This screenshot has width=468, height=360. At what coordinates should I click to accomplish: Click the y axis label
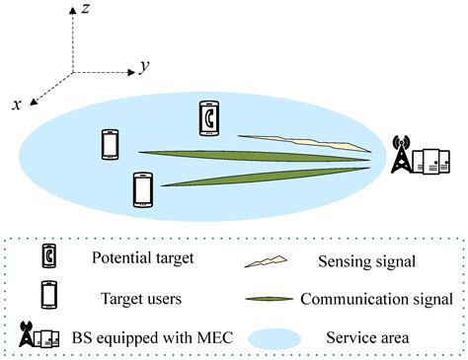pyautogui.click(x=144, y=66)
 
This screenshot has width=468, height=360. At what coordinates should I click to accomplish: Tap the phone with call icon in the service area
pyautogui.click(x=207, y=117)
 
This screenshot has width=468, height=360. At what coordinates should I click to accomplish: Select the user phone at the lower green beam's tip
pyautogui.click(x=143, y=189)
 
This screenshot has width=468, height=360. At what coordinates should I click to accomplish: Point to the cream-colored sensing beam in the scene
pyautogui.click(x=301, y=145)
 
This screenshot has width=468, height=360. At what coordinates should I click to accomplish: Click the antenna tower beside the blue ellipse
pyautogui.click(x=401, y=156)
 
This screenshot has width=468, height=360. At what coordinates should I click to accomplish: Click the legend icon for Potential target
pyautogui.click(x=46, y=257)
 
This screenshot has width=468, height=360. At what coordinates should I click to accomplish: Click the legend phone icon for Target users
pyautogui.click(x=46, y=296)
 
